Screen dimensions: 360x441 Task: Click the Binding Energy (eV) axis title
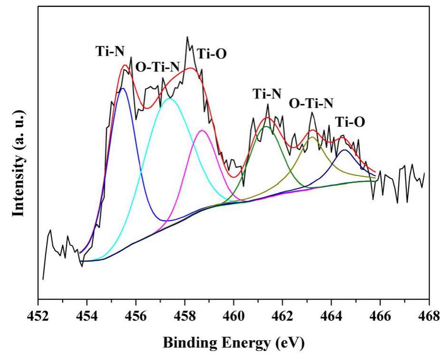click(234, 342)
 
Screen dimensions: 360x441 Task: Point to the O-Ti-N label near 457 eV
click(157, 66)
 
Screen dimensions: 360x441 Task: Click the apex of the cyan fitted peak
click(170, 98)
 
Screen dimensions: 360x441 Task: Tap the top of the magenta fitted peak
click(202, 130)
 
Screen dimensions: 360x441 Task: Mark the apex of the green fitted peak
click(266, 126)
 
